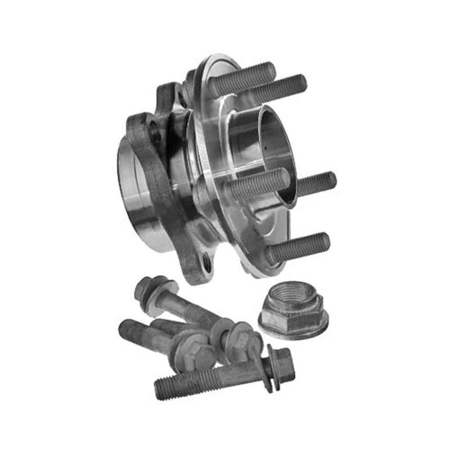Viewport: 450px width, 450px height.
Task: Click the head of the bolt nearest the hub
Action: tap(147, 288)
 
